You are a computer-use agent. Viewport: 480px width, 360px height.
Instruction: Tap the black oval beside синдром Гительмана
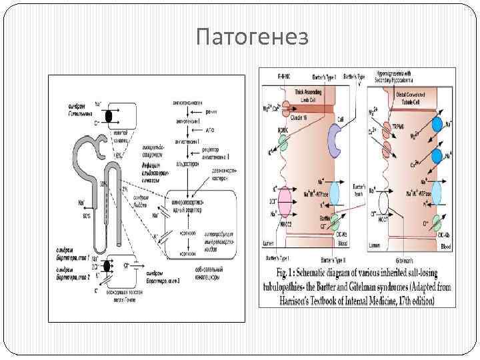pos(109,116)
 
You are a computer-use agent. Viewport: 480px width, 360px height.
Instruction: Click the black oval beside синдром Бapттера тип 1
pos(109,267)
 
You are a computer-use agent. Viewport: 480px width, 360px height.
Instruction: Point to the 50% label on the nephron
pos(87,216)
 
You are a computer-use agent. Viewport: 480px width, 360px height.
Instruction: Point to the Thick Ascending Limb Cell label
pos(307,93)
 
